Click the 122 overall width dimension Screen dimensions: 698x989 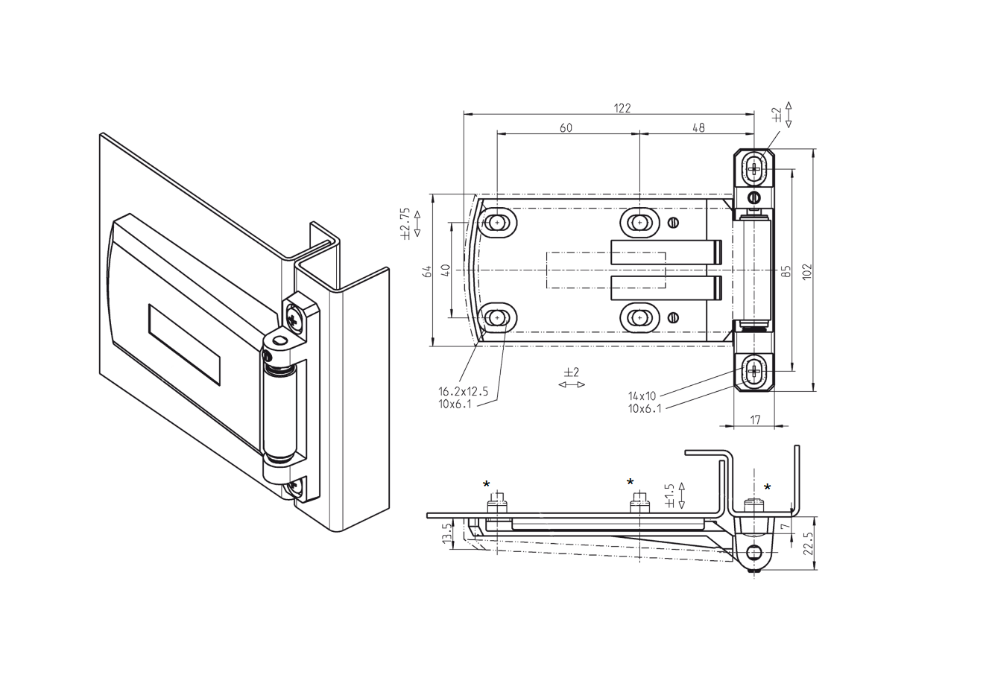coord(622,108)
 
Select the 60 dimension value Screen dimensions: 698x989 coord(566,128)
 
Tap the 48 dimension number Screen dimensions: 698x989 coord(698,128)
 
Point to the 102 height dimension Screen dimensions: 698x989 coord(806,270)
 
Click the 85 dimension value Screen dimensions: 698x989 coord(785,270)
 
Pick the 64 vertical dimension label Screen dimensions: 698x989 coord(428,271)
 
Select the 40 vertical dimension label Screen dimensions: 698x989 coord(445,270)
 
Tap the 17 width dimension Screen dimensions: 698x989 coord(754,420)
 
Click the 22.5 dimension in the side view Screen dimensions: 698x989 coord(809,544)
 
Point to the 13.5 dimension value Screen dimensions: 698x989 coord(446,533)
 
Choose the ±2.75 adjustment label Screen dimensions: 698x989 coord(405,223)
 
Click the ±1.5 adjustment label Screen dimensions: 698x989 coord(669,495)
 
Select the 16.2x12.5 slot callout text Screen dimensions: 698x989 coord(462,391)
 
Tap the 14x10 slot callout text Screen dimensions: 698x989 coord(642,396)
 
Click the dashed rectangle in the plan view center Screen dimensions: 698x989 coord(605,270)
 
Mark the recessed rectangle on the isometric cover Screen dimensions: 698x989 coord(184,344)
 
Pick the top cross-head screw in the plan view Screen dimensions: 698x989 coord(754,168)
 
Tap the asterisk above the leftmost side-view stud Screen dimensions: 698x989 coord(487,485)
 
